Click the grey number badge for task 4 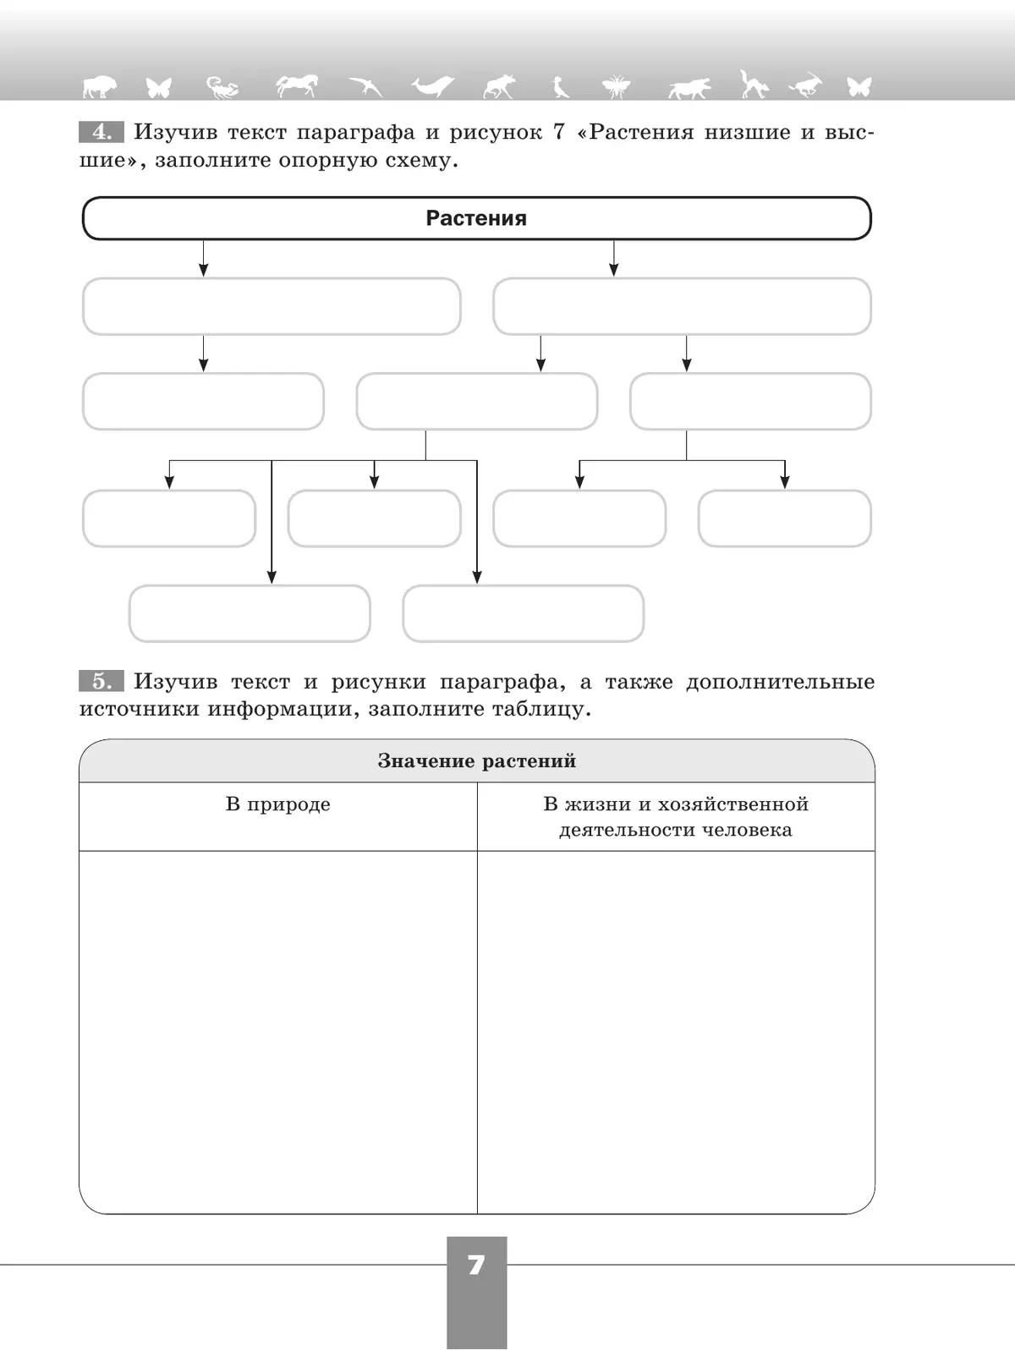point(101,133)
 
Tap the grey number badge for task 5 point(101,682)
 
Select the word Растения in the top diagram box point(476,218)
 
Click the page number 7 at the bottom point(476,1265)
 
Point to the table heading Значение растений point(476,761)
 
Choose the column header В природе point(277,804)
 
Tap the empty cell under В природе point(277,1032)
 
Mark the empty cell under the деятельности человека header point(675,1032)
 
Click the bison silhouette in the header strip point(100,86)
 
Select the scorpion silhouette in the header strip point(222,87)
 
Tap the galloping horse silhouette point(297,85)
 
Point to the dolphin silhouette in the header point(432,85)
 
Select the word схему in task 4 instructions point(419,161)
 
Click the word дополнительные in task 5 point(780,682)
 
